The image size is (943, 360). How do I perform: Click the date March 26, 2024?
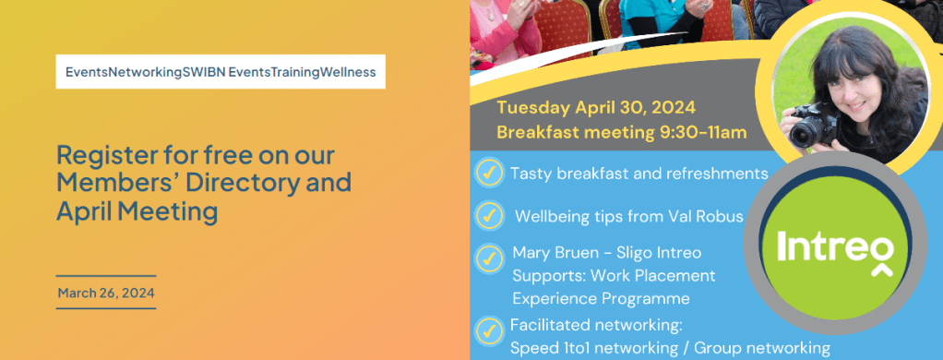coord(106,294)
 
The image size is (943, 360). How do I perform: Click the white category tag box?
coord(221,72)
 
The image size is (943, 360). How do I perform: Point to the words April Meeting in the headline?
coord(137,211)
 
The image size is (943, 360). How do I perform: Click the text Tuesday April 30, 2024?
coord(596,108)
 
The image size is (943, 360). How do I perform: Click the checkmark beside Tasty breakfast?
coord(489,173)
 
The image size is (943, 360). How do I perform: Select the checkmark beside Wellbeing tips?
coord(489,215)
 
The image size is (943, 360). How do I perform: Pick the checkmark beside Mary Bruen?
coord(489,258)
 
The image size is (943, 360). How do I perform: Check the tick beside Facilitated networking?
coord(489,330)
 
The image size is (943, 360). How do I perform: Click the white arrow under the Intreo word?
coord(882,270)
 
